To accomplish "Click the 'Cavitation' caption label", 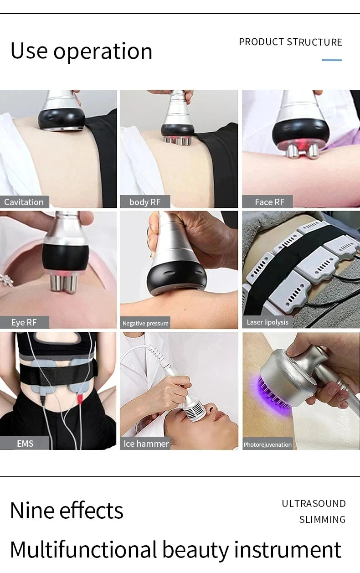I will [x=24, y=202].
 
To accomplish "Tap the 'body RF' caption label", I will [x=144, y=202].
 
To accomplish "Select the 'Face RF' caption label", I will [x=269, y=202].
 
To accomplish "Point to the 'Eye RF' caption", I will [x=24, y=322].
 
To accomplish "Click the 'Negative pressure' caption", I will [x=145, y=323].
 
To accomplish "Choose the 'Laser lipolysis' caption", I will [x=267, y=322].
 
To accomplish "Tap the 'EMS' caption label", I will [x=25, y=444].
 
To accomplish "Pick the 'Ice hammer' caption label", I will [x=146, y=444].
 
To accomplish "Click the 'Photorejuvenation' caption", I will [x=267, y=444].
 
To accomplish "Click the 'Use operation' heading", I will [x=81, y=51].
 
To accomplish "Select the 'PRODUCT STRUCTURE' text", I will [x=290, y=42].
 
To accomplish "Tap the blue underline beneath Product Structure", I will [x=331, y=60].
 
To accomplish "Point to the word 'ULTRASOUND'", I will [x=314, y=504].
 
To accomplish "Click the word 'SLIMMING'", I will [x=322, y=520].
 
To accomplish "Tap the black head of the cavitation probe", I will [x=61, y=119].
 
